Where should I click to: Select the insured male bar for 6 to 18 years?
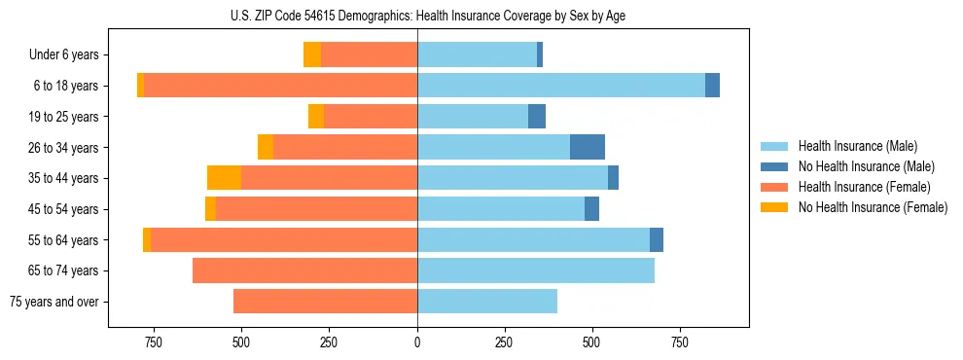pyautogui.click(x=560, y=86)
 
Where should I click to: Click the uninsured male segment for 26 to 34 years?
pyautogui.click(x=587, y=147)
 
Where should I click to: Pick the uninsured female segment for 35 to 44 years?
pyautogui.click(x=224, y=178)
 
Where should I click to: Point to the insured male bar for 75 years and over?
pyautogui.click(x=486, y=302)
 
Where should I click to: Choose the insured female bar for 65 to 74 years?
pyautogui.click(x=304, y=270)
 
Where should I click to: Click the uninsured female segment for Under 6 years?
pyautogui.click(x=311, y=54)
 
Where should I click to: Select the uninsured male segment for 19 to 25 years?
pyautogui.click(x=536, y=117)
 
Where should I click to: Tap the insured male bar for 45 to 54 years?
pyautogui.click(x=500, y=209)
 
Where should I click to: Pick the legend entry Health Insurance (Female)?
pyautogui.click(x=863, y=187)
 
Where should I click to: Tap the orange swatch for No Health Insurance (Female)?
pyautogui.click(x=775, y=207)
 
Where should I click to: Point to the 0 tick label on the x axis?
pyautogui.click(x=417, y=342)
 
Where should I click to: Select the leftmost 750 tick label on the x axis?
pyautogui.click(x=154, y=342)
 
